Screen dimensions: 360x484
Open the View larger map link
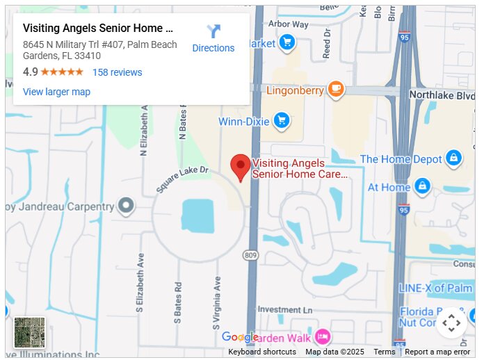click(x=56, y=92)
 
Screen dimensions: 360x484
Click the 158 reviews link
click(x=117, y=72)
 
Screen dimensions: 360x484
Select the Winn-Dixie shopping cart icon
click(x=281, y=121)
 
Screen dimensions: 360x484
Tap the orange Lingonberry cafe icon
click(x=336, y=88)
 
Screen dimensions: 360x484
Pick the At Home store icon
click(x=421, y=186)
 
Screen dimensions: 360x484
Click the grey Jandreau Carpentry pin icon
click(x=126, y=206)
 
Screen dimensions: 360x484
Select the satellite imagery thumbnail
click(x=29, y=332)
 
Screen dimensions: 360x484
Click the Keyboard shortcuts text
click(x=262, y=352)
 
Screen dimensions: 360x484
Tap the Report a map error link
click(x=437, y=352)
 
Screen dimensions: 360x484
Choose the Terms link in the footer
click(x=384, y=352)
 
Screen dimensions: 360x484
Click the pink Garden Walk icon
click(x=322, y=337)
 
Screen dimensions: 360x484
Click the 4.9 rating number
click(x=31, y=72)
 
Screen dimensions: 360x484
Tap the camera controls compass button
click(x=451, y=322)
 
